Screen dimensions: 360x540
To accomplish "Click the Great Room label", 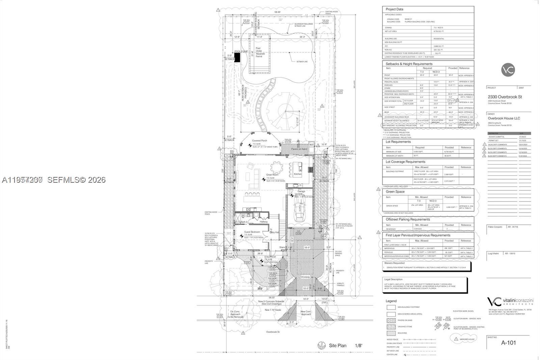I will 272,175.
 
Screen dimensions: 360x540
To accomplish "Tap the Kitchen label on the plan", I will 297,174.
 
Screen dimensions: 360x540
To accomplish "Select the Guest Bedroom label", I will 252,232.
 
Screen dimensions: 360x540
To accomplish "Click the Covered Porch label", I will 259,141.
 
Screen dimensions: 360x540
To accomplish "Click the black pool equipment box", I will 237,57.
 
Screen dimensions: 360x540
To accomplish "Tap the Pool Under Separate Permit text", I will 260,52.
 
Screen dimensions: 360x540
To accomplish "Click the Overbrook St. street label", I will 273,332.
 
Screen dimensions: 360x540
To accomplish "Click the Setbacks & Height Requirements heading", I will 409,64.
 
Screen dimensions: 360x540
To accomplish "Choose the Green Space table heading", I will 395,191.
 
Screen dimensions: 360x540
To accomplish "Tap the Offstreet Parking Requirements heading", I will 408,220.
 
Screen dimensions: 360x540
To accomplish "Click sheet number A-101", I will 508,343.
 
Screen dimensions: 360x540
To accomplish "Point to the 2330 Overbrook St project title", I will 505,97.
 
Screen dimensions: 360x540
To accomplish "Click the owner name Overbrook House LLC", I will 504,119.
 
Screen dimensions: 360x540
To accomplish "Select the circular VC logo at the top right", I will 508,70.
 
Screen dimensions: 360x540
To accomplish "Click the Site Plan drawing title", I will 337,345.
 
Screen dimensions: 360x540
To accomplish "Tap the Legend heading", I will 391,301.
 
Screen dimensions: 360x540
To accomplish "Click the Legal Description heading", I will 393,279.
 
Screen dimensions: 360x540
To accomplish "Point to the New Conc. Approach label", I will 306,313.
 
